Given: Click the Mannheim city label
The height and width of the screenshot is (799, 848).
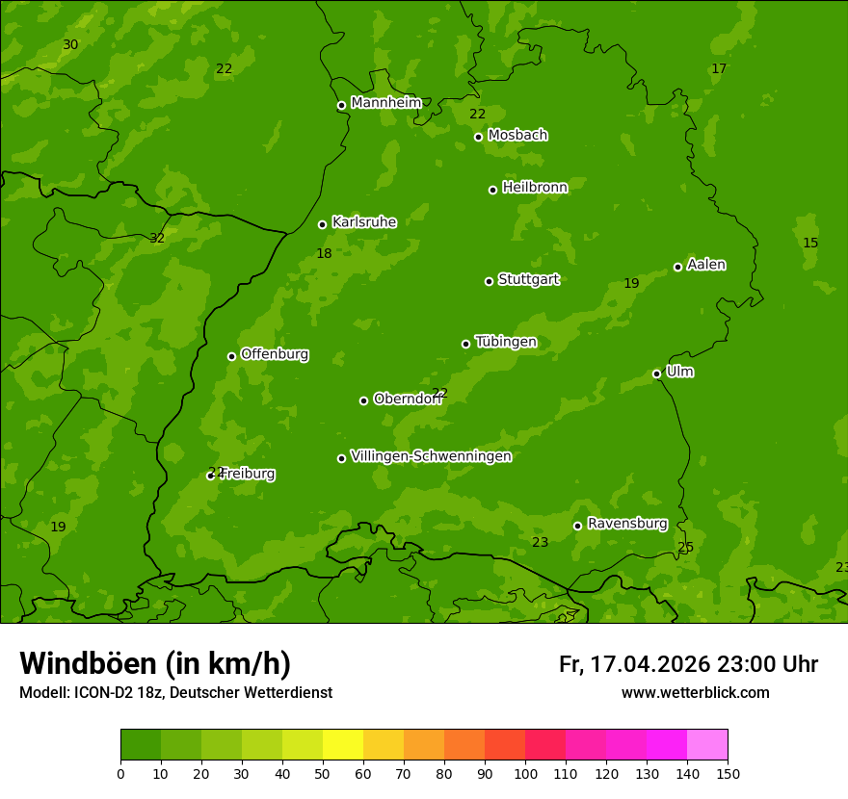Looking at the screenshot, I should [x=385, y=102].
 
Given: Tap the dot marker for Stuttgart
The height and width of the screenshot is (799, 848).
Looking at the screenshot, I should [x=489, y=281].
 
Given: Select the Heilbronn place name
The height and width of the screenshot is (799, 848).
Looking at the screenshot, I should [x=535, y=187].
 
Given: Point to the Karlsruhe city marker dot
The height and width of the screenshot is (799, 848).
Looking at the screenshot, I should [x=322, y=224].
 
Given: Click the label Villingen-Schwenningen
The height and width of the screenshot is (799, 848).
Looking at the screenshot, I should [x=431, y=455].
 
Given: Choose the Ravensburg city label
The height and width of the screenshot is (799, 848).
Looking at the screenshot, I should [x=627, y=523].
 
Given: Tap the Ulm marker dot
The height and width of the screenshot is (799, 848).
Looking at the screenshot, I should [x=656, y=374].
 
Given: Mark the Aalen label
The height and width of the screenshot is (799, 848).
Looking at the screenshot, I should [x=706, y=264].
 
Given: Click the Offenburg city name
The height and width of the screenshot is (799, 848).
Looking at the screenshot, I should [x=275, y=353].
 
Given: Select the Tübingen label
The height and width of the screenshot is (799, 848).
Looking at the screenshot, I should [x=506, y=341].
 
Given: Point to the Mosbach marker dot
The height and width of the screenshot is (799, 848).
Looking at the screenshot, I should [x=478, y=137].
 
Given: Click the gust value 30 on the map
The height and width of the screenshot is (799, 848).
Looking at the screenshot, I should [x=70, y=44].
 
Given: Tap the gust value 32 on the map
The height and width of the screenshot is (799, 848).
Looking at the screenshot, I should [x=157, y=238].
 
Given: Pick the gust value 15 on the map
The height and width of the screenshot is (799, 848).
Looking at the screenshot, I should [x=810, y=243].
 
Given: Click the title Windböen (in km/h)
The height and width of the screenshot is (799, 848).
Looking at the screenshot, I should [x=155, y=663].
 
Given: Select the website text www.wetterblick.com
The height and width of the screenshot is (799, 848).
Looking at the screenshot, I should [x=695, y=692].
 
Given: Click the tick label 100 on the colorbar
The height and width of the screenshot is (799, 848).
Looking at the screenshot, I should [x=525, y=773].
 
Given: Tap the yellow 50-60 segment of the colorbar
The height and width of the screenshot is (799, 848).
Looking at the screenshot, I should [x=343, y=745].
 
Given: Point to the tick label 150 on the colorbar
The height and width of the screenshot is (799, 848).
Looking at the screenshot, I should [x=728, y=773].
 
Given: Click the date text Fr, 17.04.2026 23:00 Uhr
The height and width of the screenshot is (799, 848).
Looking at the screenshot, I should [x=688, y=664].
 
